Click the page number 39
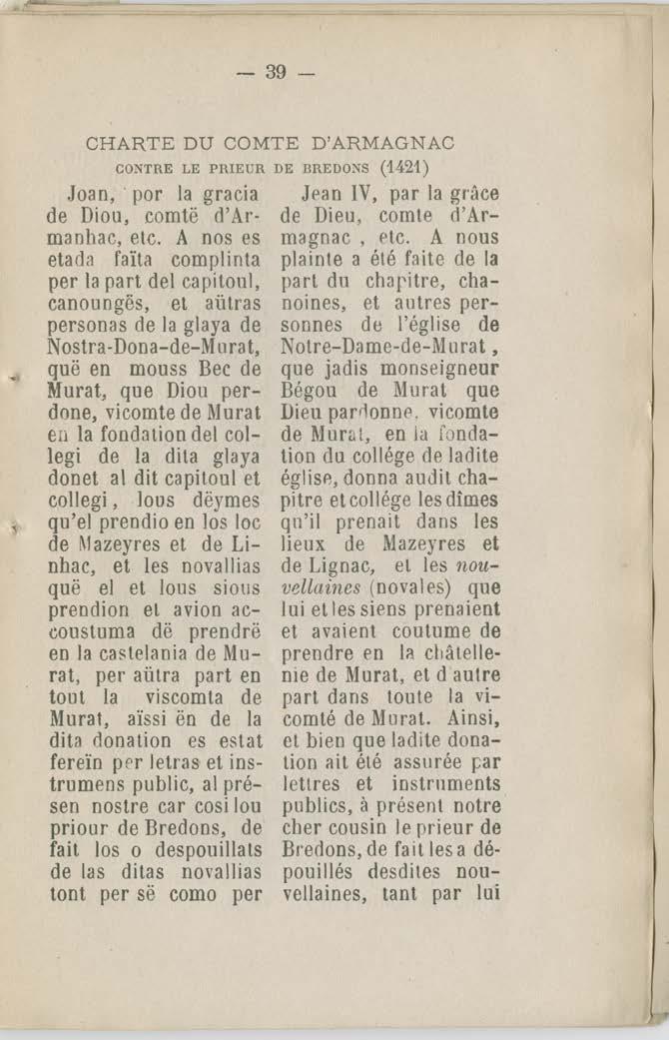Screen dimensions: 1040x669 [x=277, y=73]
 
